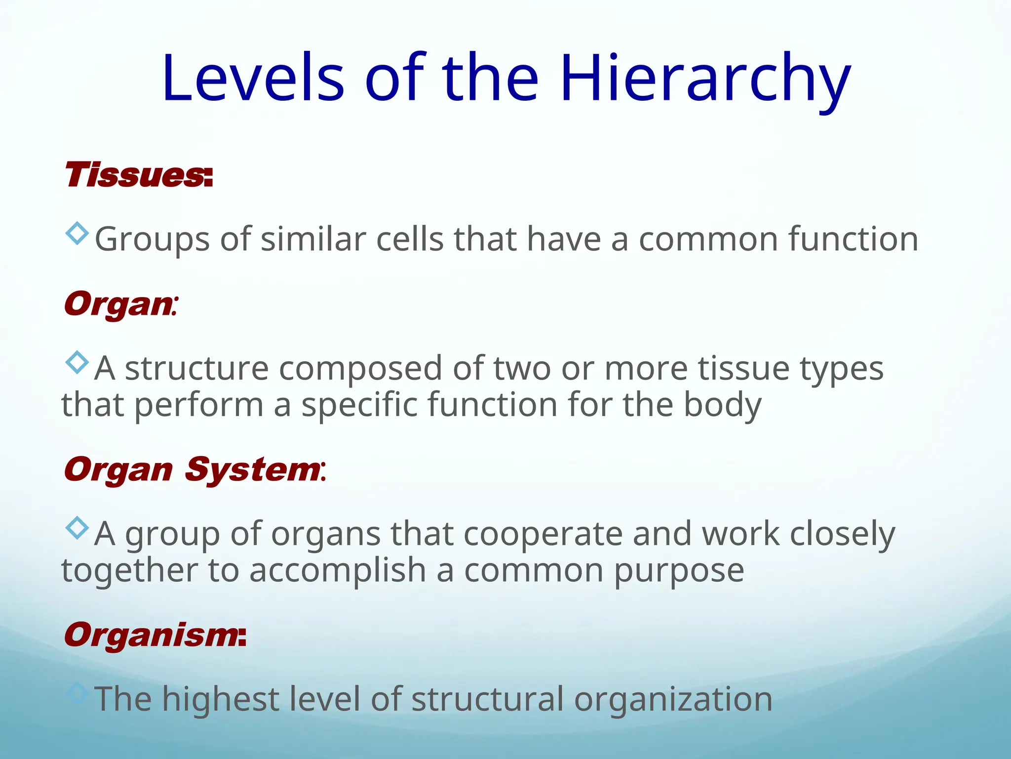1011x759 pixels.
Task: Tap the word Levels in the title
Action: (253, 79)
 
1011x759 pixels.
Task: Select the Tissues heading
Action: (138, 175)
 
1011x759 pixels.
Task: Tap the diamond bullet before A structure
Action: (77, 362)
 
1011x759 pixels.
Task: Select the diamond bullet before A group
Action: (77, 528)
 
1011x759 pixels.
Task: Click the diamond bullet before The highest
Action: (77, 693)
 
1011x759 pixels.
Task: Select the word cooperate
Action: (543, 535)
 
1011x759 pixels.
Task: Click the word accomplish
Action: (338, 571)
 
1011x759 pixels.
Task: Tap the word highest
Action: (221, 700)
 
